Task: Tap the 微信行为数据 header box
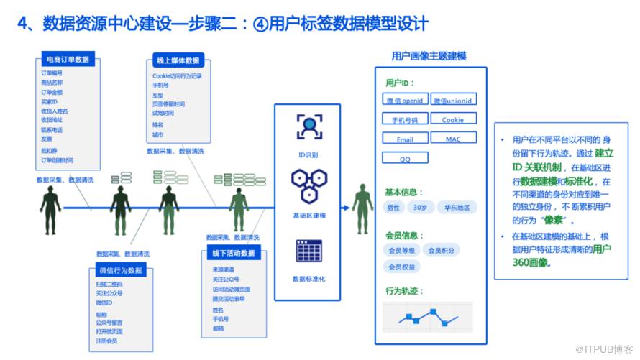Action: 120,270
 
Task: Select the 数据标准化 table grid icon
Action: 309,251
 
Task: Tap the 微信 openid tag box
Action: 404,101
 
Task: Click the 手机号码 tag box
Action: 404,120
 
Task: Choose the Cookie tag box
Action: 453,120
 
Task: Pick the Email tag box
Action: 404,139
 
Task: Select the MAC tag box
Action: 453,139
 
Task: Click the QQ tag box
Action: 404,158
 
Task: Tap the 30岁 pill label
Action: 420,208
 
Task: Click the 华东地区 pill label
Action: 457,208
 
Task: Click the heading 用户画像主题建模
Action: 429,55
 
